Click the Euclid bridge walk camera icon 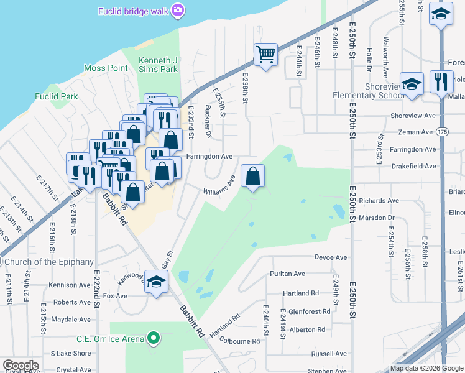pos(178,10)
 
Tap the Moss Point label pos(106,68)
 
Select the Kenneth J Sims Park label pos(158,65)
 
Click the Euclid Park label pos(57,96)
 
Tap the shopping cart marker pos(265,54)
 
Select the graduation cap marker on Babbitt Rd pos(157,280)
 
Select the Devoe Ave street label pos(331,257)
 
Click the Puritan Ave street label pos(287,274)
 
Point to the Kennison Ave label pos(70,285)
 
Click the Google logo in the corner pos(21,365)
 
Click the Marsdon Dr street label pos(377,218)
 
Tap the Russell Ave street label pos(329,354)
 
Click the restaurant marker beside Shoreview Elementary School pos(441,82)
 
